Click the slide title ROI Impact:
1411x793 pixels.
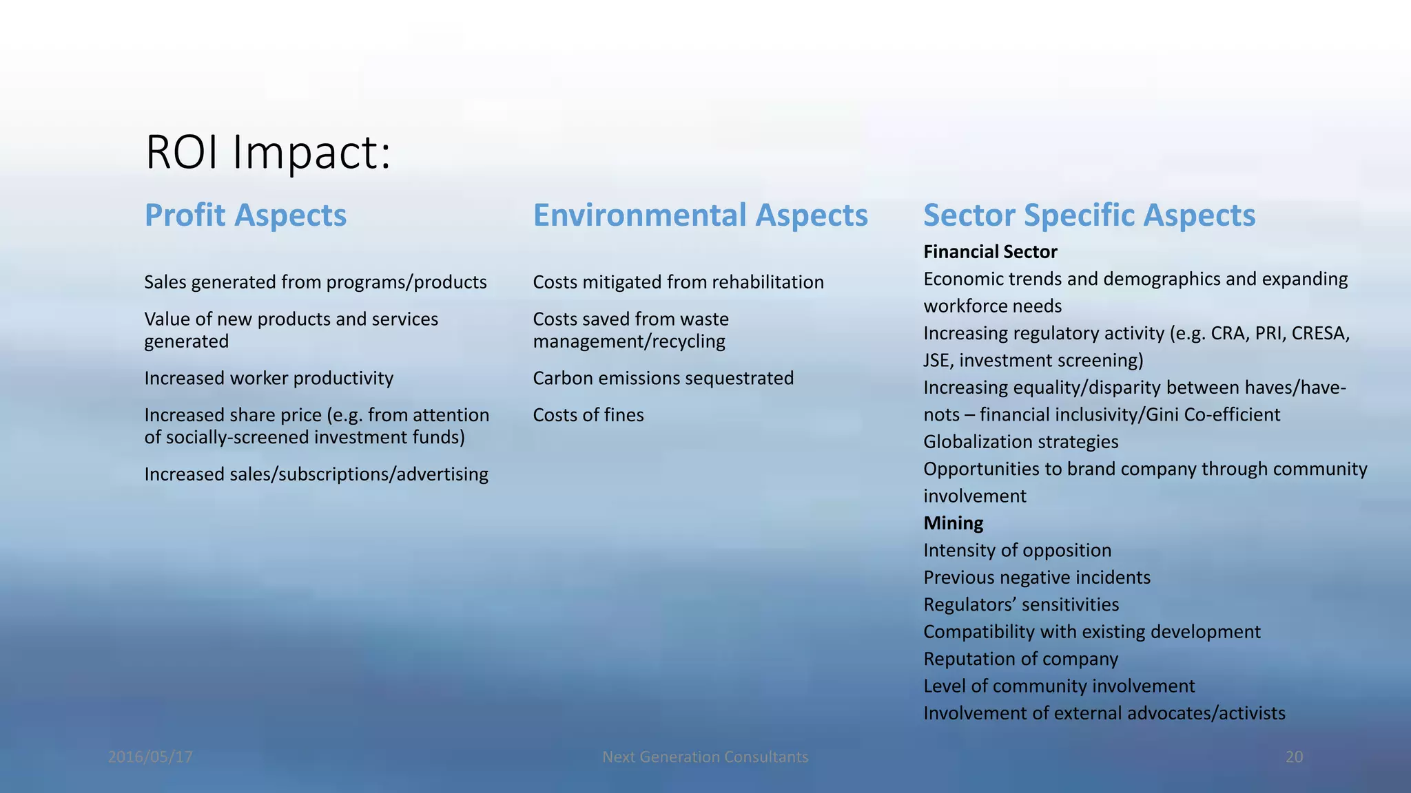coord(268,152)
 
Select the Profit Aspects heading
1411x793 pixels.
coord(245,215)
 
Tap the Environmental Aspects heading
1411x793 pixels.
coord(700,215)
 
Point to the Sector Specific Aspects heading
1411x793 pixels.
coord(1089,215)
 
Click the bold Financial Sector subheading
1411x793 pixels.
coord(989,252)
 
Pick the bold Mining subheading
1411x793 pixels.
coord(953,523)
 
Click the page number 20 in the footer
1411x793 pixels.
coord(1294,757)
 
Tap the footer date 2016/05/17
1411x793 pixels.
coord(150,757)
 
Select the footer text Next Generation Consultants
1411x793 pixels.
coord(705,757)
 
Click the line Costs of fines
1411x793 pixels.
coord(588,415)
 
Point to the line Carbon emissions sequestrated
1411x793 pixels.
coord(663,378)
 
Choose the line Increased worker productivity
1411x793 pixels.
coord(269,378)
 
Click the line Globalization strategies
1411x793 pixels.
coord(1020,442)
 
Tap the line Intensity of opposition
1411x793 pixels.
coord(1017,551)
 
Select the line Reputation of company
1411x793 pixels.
coord(1020,659)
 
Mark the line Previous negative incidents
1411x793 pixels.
coord(1036,578)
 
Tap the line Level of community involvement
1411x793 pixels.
coord(1058,686)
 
